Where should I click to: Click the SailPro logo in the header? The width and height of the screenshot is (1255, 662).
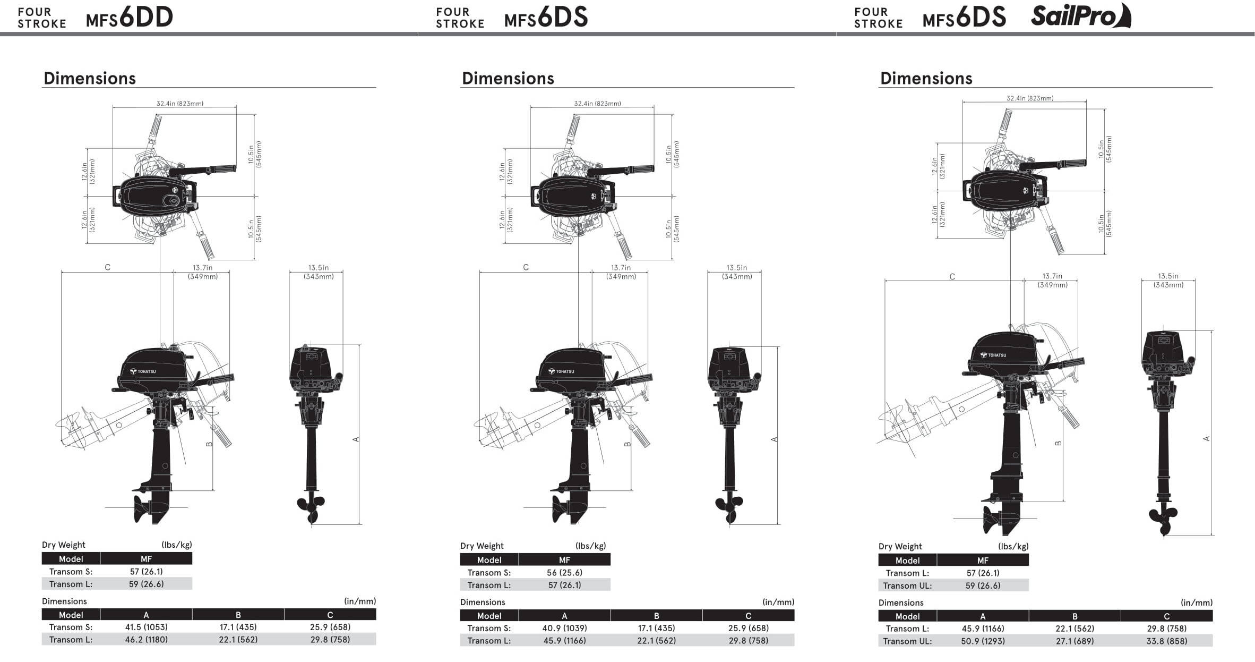[x=1081, y=15]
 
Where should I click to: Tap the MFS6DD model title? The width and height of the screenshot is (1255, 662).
[x=130, y=18]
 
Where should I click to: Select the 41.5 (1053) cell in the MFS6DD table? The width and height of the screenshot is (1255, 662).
[x=146, y=627]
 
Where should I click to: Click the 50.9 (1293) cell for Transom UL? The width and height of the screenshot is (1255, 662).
[x=983, y=641]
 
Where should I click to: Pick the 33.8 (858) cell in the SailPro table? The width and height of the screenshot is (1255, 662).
[x=1167, y=641]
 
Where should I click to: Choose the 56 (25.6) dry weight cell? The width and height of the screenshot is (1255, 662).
[x=564, y=573]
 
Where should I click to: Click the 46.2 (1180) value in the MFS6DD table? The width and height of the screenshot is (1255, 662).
[x=146, y=640]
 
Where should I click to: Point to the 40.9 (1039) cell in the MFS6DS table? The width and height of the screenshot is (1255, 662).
[x=564, y=628]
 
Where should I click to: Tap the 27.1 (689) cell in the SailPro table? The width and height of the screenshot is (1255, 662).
[x=1075, y=641]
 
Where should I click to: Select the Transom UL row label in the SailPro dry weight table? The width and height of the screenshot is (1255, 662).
[x=907, y=585]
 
